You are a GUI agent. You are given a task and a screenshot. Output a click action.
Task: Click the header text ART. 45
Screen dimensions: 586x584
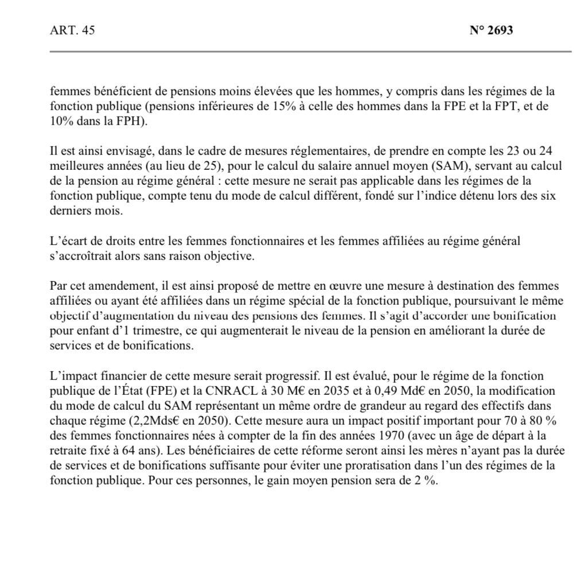point(72,31)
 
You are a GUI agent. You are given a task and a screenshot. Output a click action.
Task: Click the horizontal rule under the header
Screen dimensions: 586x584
point(310,52)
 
